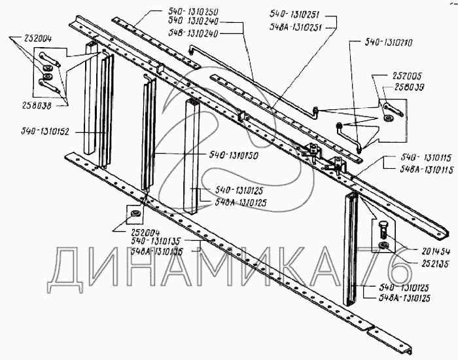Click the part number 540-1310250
click(175, 12)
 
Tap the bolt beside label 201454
click(383, 230)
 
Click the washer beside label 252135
click(383, 245)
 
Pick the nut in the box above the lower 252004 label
click(134, 214)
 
